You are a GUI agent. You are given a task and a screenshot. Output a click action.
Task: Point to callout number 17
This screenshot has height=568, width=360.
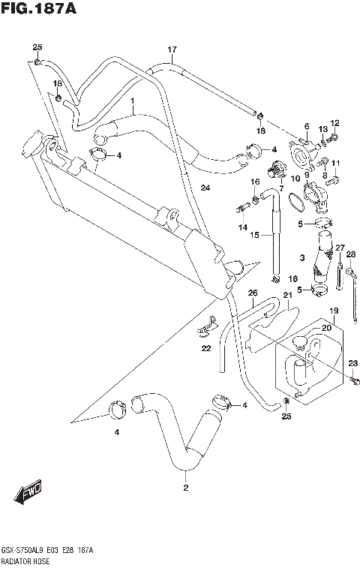pos(172,50)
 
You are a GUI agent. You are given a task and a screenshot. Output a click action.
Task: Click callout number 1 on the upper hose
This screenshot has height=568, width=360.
pos(132,100)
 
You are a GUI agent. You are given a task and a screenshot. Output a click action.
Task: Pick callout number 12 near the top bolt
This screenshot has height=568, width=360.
pos(334,123)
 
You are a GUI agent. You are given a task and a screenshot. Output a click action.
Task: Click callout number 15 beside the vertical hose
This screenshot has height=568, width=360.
pos(254,235)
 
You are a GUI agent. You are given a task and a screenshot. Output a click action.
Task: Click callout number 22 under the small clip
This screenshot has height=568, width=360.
pos(205,347)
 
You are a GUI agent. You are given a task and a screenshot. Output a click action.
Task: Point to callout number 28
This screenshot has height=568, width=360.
pos(350,254)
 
